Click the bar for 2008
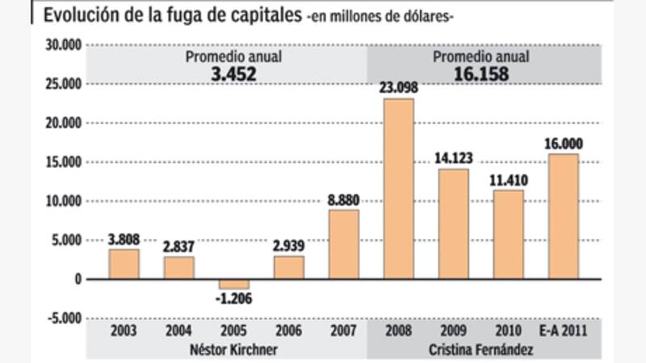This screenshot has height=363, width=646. tap(398, 189)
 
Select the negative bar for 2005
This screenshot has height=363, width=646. tap(233, 283)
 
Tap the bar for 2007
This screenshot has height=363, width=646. tap(343, 244)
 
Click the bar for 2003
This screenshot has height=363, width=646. tap(124, 264)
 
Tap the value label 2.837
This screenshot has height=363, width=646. tap(178, 246)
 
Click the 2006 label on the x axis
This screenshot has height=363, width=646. tap(288, 331)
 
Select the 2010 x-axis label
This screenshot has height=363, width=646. tap(509, 331)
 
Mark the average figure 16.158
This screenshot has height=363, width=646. tap(481, 73)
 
